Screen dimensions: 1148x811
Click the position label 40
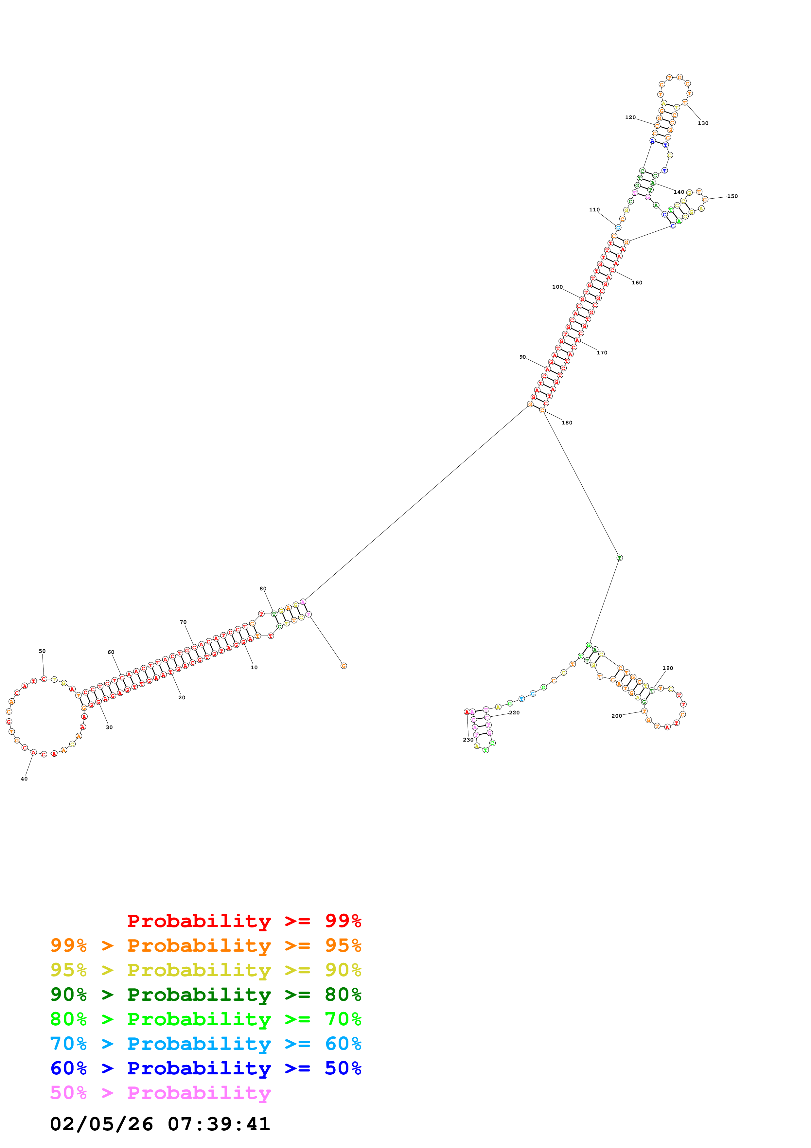[x=24, y=779]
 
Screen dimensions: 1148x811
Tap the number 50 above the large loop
[x=42, y=651]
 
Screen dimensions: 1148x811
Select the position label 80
[x=263, y=588]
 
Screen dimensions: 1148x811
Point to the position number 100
[x=557, y=287]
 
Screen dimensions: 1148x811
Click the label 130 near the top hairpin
[x=703, y=123]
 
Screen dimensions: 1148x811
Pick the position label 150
[x=732, y=196]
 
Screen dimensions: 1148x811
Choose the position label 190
[x=668, y=668]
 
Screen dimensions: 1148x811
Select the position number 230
[x=468, y=740]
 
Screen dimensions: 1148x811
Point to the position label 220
[x=514, y=712]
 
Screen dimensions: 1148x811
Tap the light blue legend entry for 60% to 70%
[x=205, y=1044]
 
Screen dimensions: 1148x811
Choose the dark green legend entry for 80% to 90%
[x=205, y=995]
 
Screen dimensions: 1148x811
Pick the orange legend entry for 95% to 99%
[x=205, y=945]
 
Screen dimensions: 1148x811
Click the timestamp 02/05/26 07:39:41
[x=160, y=1124]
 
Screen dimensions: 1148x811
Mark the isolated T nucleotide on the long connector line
[x=619, y=558]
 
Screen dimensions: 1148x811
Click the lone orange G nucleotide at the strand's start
[x=344, y=666]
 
